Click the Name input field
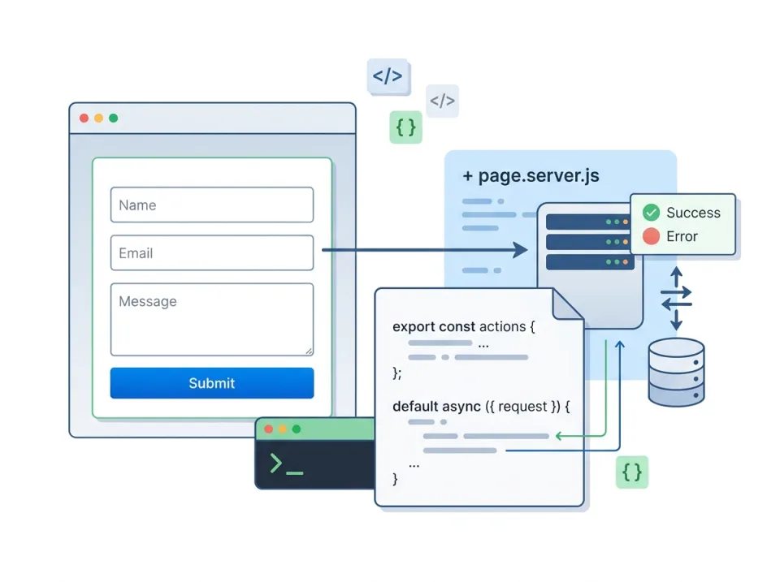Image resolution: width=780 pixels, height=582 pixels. click(211, 205)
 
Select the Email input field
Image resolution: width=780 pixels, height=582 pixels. click(211, 253)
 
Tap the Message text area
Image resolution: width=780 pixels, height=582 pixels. click(211, 319)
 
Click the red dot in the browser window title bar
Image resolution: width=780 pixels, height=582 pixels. click(84, 119)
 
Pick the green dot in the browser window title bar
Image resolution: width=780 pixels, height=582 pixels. click(114, 119)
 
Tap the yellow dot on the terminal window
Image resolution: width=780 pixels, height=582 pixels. click(283, 429)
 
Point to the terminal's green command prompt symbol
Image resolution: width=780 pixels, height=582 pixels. click(277, 463)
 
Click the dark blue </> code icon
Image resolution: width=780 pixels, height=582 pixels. click(387, 76)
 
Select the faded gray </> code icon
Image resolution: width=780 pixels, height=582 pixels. click(442, 101)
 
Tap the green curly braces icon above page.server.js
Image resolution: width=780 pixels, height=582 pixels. click(405, 127)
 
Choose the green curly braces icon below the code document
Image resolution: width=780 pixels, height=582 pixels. click(631, 472)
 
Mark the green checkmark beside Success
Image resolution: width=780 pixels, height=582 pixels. click(651, 213)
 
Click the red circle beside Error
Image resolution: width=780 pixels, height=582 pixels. click(651, 236)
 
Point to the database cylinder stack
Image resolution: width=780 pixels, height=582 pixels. click(676, 372)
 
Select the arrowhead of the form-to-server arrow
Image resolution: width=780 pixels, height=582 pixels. click(520, 250)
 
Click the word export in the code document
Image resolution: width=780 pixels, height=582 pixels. click(413, 326)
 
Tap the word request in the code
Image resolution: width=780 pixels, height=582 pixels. click(522, 406)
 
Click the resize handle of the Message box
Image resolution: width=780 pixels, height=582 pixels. click(309, 351)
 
